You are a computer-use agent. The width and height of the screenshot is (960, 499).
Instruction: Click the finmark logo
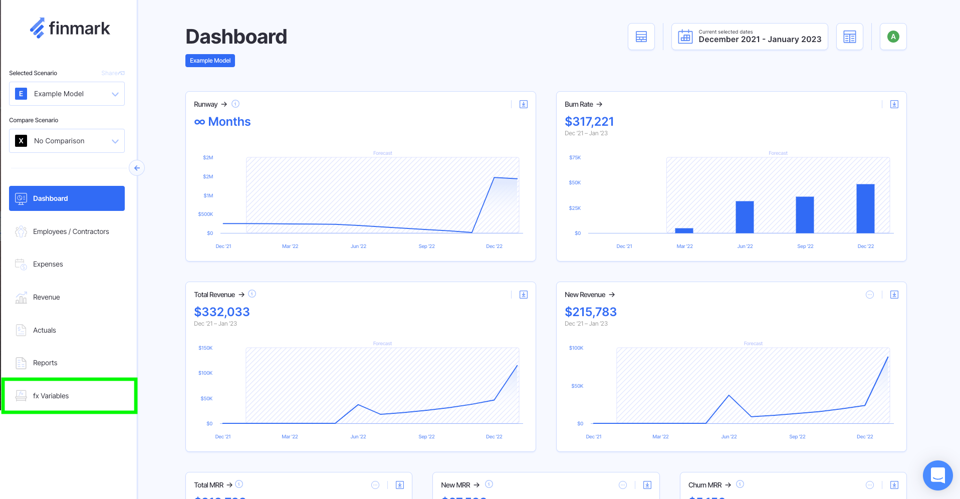(x=70, y=29)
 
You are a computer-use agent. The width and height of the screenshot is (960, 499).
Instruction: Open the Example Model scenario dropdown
(x=67, y=94)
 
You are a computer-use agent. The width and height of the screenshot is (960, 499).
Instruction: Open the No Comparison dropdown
(x=67, y=141)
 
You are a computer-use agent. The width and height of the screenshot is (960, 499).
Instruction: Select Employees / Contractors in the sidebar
(x=71, y=231)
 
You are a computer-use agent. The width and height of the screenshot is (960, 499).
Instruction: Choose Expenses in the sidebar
(x=48, y=264)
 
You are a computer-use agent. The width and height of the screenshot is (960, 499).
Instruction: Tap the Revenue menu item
(x=46, y=297)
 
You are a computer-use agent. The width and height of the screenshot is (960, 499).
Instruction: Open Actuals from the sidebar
(x=45, y=330)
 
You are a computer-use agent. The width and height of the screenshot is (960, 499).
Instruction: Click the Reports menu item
(x=45, y=363)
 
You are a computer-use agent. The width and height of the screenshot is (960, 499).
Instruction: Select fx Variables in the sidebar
(x=51, y=396)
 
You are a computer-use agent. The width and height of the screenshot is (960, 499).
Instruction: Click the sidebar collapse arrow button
(x=137, y=168)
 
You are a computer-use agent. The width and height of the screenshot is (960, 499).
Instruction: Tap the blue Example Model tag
(x=210, y=61)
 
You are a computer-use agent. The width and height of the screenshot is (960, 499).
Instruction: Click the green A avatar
(x=893, y=37)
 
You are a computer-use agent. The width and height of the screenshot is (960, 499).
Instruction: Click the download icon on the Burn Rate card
(x=894, y=104)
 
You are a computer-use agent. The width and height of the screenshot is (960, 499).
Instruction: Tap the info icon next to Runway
(x=235, y=104)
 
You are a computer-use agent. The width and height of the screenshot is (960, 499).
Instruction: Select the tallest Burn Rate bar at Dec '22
(x=865, y=208)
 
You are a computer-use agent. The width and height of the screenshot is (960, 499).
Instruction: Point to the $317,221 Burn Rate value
(x=589, y=122)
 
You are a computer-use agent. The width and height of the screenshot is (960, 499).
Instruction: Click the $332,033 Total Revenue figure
(x=222, y=312)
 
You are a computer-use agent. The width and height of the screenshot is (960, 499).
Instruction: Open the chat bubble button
(x=937, y=475)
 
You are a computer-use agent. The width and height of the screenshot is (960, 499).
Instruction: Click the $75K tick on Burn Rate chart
(x=575, y=158)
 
